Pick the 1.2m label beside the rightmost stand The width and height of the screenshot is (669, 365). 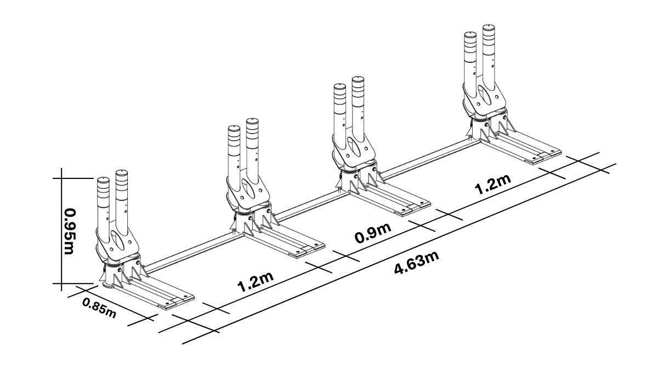point(492,186)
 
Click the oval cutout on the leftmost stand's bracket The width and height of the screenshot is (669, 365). point(117,240)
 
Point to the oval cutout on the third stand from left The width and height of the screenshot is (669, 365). point(354,145)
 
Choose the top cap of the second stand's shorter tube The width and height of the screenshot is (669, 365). point(234,128)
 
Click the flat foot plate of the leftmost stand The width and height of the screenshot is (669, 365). point(165,292)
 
